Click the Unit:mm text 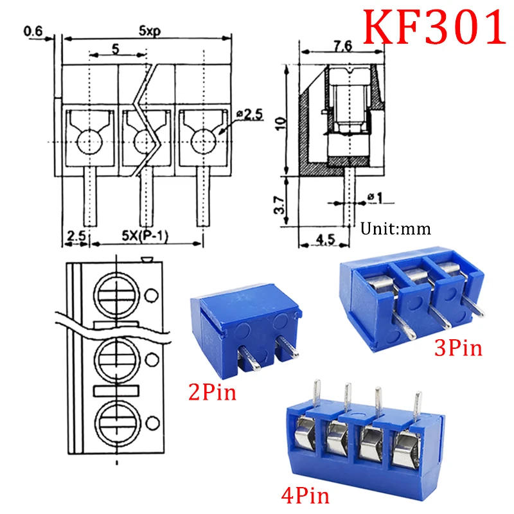pos(395,228)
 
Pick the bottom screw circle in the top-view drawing pos(117,422)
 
